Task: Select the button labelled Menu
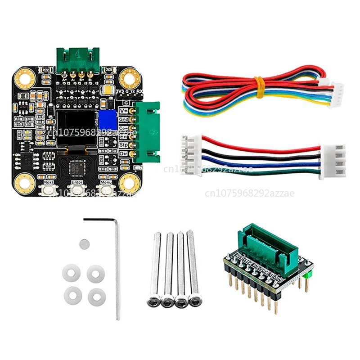[x=106, y=190]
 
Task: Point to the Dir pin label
[x=124, y=154]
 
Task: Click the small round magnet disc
[x=84, y=243]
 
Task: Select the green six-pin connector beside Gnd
[x=146, y=131]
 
